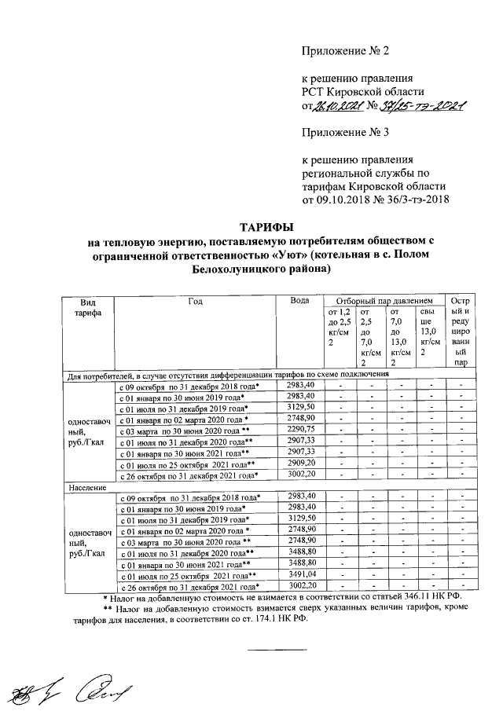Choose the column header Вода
[x=299, y=302]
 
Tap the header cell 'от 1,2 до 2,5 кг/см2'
[x=337, y=328]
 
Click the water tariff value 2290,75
[x=301, y=430]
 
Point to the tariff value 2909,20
[x=301, y=464]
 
